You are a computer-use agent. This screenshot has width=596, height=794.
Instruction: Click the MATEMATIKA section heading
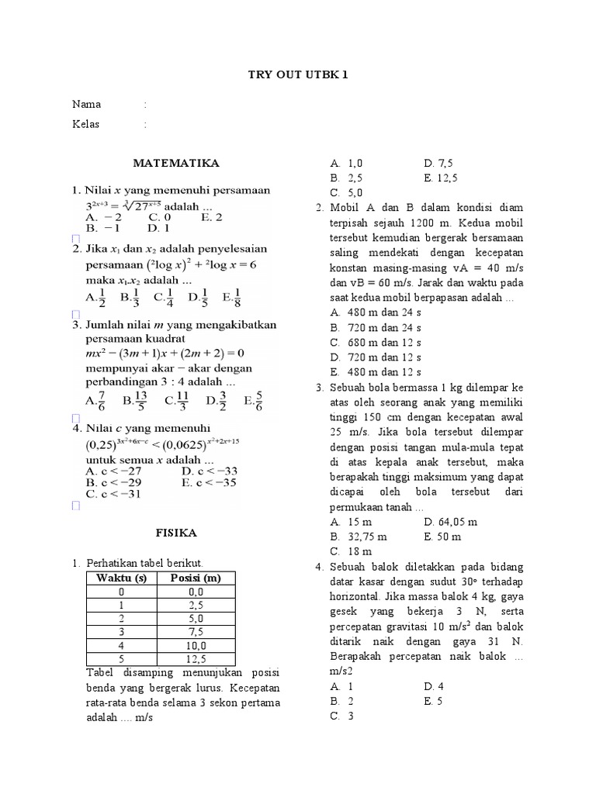(176, 164)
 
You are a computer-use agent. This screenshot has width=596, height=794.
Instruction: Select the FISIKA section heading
(176, 533)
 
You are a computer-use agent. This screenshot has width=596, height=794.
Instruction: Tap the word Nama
(86, 105)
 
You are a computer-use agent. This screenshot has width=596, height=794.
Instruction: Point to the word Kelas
(86, 124)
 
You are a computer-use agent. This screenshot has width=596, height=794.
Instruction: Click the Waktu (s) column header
(120, 578)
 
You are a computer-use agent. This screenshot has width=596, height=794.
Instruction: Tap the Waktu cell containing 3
(120, 632)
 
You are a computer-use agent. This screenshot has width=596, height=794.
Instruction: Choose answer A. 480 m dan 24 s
(376, 312)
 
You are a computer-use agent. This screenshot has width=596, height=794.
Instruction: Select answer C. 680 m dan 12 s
(376, 343)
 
